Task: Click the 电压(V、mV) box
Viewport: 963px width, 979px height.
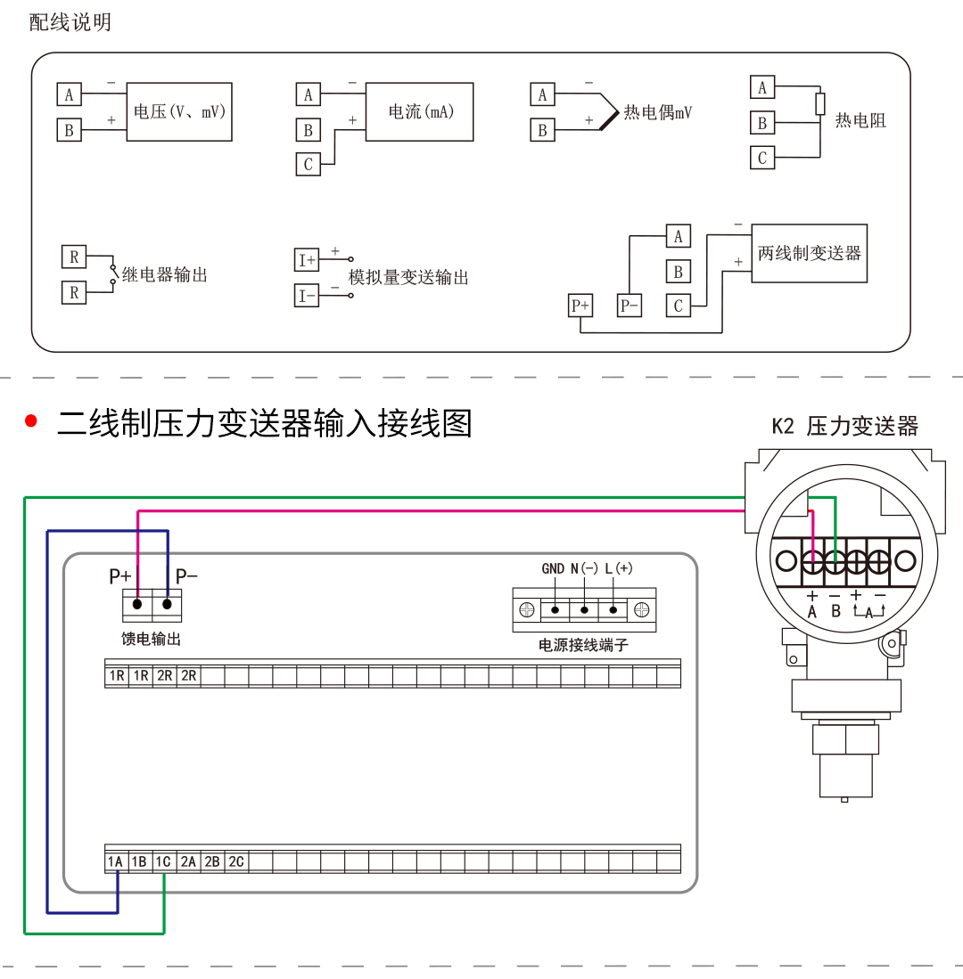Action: click(x=179, y=112)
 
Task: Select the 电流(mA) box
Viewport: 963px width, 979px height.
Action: click(x=420, y=112)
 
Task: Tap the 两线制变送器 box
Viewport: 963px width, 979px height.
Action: click(x=809, y=253)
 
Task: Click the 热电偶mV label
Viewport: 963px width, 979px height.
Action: click(x=657, y=112)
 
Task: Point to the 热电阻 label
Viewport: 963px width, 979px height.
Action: click(x=860, y=120)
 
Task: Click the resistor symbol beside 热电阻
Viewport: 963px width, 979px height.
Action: click(x=819, y=104)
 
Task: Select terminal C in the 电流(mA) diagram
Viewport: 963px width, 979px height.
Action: click(x=309, y=164)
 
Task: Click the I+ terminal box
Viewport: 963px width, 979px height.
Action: click(x=307, y=260)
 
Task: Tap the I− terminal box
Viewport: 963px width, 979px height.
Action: click(x=307, y=296)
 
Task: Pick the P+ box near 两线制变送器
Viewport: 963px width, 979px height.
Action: click(x=580, y=306)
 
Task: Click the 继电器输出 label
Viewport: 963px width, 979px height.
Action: click(x=165, y=275)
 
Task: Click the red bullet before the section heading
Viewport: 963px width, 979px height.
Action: click(x=32, y=421)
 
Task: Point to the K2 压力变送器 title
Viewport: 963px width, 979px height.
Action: click(x=844, y=426)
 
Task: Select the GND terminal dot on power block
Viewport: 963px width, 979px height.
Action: click(x=555, y=610)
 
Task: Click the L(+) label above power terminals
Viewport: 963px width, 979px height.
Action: click(x=618, y=568)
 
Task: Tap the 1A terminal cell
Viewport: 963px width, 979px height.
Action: click(x=116, y=861)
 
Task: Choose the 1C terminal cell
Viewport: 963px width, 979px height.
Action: click(x=163, y=861)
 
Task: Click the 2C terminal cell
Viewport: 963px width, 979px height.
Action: click(x=235, y=861)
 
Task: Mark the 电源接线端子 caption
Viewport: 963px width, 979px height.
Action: click(x=583, y=645)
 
